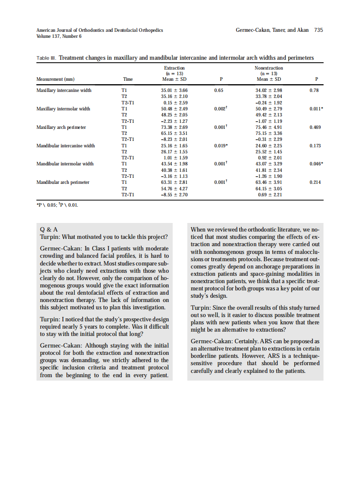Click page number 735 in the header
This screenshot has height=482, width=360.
pyautogui.click(x=318, y=30)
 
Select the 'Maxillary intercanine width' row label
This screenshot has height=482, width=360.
pyautogui.click(x=64, y=90)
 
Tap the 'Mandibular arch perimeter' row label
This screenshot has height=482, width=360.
pyautogui.click(x=63, y=182)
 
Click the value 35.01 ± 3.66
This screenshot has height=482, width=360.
pyautogui.click(x=174, y=90)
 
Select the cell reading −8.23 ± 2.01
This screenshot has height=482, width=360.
pyautogui.click(x=174, y=139)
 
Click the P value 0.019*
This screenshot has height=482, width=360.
pyautogui.click(x=221, y=146)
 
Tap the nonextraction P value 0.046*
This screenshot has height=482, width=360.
pyautogui.click(x=316, y=164)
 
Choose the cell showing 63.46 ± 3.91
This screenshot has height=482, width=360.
pyautogui.click(x=268, y=182)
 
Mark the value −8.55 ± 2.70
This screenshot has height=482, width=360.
pyautogui.click(x=174, y=195)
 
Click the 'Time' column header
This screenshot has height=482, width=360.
pyautogui.click(x=128, y=79)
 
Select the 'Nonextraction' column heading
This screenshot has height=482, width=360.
pyautogui.click(x=269, y=68)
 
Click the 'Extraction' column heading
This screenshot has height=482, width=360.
pyautogui.click(x=174, y=68)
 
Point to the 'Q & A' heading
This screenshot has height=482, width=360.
pyautogui.click(x=49, y=229)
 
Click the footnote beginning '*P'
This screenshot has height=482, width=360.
pyautogui.click(x=58, y=204)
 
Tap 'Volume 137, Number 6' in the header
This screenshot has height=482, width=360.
pyautogui.click(x=59, y=36)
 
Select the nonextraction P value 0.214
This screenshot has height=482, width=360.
pyautogui.click(x=315, y=182)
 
